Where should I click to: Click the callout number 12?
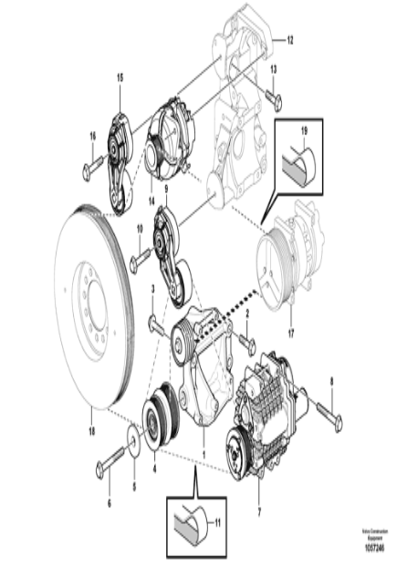point(289,40)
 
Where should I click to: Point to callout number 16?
point(91,137)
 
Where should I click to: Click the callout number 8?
point(331,383)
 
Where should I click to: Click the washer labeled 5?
point(134,443)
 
